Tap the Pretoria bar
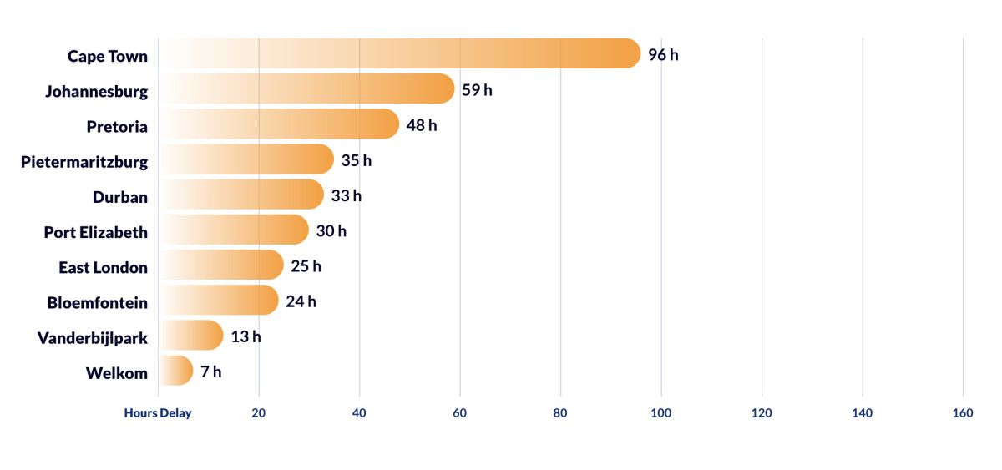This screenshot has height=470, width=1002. click(278, 124)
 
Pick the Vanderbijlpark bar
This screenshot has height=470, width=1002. click(190, 336)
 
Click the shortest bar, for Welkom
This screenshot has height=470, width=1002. click(175, 371)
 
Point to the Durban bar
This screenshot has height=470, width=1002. click(240, 195)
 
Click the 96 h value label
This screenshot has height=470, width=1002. click(663, 56)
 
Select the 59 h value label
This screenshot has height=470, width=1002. click(477, 90)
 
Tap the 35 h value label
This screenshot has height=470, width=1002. click(356, 160)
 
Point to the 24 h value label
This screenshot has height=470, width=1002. click(301, 301)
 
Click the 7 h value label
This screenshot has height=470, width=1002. click(210, 371)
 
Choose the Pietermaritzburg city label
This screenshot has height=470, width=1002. click(84, 162)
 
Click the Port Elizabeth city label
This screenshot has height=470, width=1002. click(95, 232)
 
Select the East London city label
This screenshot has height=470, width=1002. click(103, 268)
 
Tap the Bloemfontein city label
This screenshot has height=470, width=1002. click(97, 303)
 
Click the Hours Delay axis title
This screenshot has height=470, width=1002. click(158, 413)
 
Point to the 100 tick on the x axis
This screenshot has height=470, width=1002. click(661, 413)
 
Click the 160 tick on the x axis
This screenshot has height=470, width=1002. click(963, 413)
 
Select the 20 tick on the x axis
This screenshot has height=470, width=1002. click(259, 413)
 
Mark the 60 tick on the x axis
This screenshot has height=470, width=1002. click(460, 413)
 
